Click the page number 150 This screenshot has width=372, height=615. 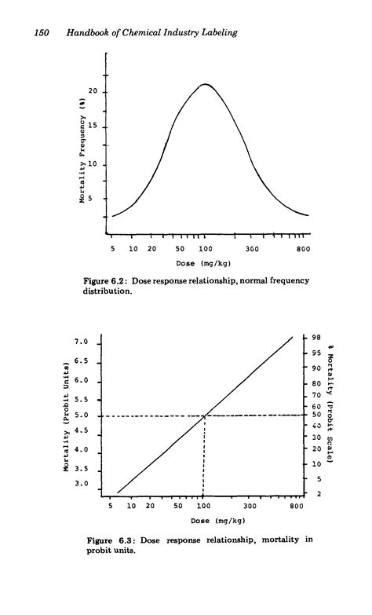39,31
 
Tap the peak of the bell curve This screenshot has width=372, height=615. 205,84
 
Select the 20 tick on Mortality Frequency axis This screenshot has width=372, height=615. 92,92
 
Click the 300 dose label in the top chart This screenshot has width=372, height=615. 251,248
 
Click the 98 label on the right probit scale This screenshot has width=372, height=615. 316,338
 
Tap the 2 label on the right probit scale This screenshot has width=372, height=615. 318,493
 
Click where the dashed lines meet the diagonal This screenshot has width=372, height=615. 205,415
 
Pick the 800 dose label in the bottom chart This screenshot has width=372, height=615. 295,506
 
